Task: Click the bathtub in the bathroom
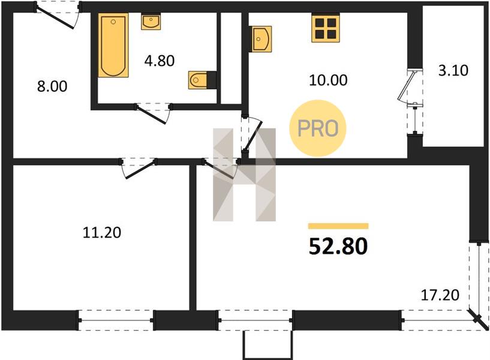coord(113,45)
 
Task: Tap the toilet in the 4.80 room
coord(198,80)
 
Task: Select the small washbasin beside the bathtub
coord(151,22)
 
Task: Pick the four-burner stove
coord(326,28)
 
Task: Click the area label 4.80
coord(160,61)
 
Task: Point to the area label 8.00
coord(52,86)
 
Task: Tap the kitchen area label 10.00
coord(328,80)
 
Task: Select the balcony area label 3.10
coord(453,70)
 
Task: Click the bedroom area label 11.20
coord(102,233)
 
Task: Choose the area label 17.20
coord(440,295)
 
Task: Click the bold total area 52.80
coord(338,246)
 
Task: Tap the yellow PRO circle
coord(318,128)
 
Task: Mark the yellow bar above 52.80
coord(338,226)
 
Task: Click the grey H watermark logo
coord(244,175)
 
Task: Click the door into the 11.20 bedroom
coord(139,168)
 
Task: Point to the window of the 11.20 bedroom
coord(116,320)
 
